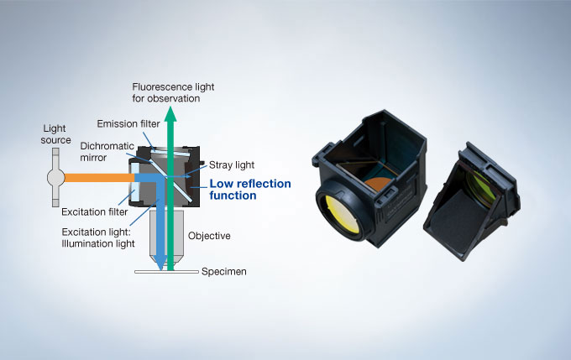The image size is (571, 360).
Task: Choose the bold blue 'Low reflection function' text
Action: click(250, 189)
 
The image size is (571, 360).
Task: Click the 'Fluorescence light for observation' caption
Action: click(165, 93)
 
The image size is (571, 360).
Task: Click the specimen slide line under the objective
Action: click(168, 272)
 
